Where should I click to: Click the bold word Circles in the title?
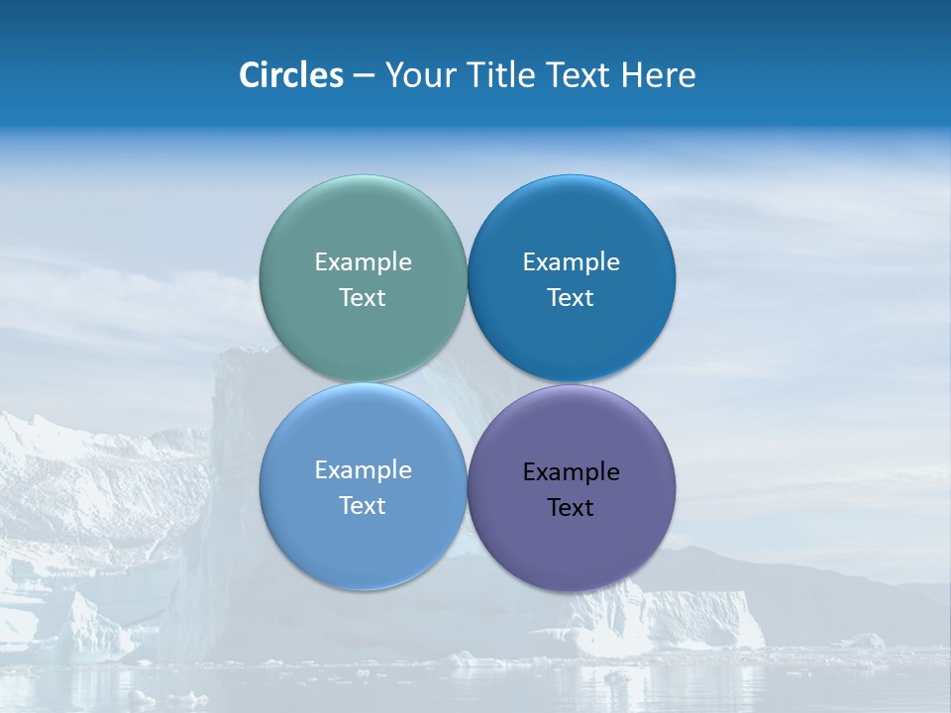(291, 75)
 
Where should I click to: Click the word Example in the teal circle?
(363, 262)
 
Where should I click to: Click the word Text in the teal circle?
(363, 298)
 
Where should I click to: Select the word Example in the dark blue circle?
(572, 262)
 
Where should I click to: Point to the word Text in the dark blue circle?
(572, 298)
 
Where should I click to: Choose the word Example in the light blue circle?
(363, 470)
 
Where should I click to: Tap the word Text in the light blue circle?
(363, 506)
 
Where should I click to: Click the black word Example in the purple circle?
(572, 472)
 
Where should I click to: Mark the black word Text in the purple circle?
(572, 508)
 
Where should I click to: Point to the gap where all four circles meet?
(467, 383)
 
